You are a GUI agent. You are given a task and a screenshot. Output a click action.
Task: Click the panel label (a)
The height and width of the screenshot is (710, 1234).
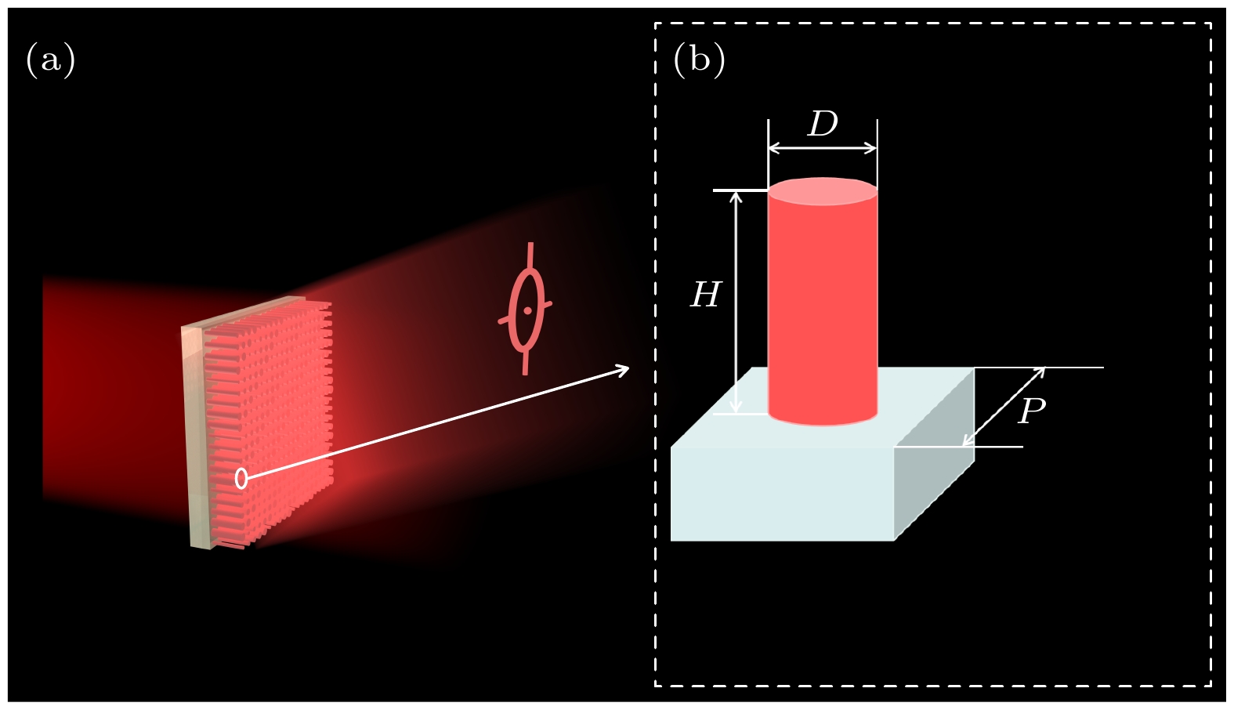pyautogui.click(x=51, y=60)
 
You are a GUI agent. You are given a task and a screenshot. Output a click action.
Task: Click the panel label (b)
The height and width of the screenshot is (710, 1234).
pyautogui.click(x=699, y=60)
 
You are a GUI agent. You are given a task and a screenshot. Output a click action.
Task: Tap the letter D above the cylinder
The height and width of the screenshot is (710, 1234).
pyautogui.click(x=823, y=124)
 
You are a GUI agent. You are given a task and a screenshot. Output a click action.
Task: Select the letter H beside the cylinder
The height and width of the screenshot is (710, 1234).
pyautogui.click(x=705, y=295)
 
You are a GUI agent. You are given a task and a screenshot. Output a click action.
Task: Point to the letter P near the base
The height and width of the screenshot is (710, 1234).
pyautogui.click(x=1031, y=411)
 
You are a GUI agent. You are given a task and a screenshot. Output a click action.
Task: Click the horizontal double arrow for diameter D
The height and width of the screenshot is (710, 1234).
pyautogui.click(x=823, y=148)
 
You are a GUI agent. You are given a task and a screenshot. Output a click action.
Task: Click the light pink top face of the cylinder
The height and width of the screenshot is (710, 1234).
pyautogui.click(x=823, y=191)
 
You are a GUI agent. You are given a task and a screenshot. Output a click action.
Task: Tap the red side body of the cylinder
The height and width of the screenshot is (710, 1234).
pyautogui.click(x=823, y=306)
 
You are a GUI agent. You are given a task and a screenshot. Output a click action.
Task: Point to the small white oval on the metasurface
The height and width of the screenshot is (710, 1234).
pyautogui.click(x=241, y=478)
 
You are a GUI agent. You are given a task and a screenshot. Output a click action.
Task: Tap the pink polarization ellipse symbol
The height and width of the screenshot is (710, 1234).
pyautogui.click(x=527, y=310)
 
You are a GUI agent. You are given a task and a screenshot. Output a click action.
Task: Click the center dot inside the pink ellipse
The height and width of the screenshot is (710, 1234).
pyautogui.click(x=528, y=310)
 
